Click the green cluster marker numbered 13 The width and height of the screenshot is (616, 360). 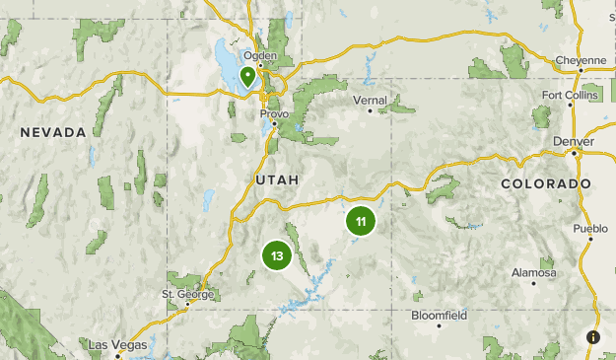[x=277, y=256]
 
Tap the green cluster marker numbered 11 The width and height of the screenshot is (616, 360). [x=361, y=222]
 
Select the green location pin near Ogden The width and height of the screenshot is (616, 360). [x=247, y=76]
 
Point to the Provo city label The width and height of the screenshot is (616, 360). [x=274, y=113]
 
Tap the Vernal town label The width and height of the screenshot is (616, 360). [x=371, y=100]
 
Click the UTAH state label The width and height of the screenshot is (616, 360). [x=276, y=180]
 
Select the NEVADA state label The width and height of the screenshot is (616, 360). [x=53, y=131]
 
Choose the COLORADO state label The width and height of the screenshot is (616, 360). [x=545, y=184]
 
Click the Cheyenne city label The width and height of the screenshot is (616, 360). [x=581, y=60]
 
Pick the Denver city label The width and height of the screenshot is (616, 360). [x=574, y=141]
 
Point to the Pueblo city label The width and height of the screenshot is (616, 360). [x=590, y=229]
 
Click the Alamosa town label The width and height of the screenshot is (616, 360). [x=534, y=272]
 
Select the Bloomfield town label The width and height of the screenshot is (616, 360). [x=439, y=316]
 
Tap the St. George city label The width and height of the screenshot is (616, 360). [x=186, y=294]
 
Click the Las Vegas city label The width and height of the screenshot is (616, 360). [x=117, y=344]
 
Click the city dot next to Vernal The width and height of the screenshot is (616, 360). [x=371, y=110]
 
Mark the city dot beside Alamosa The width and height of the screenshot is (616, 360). [x=534, y=283]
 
